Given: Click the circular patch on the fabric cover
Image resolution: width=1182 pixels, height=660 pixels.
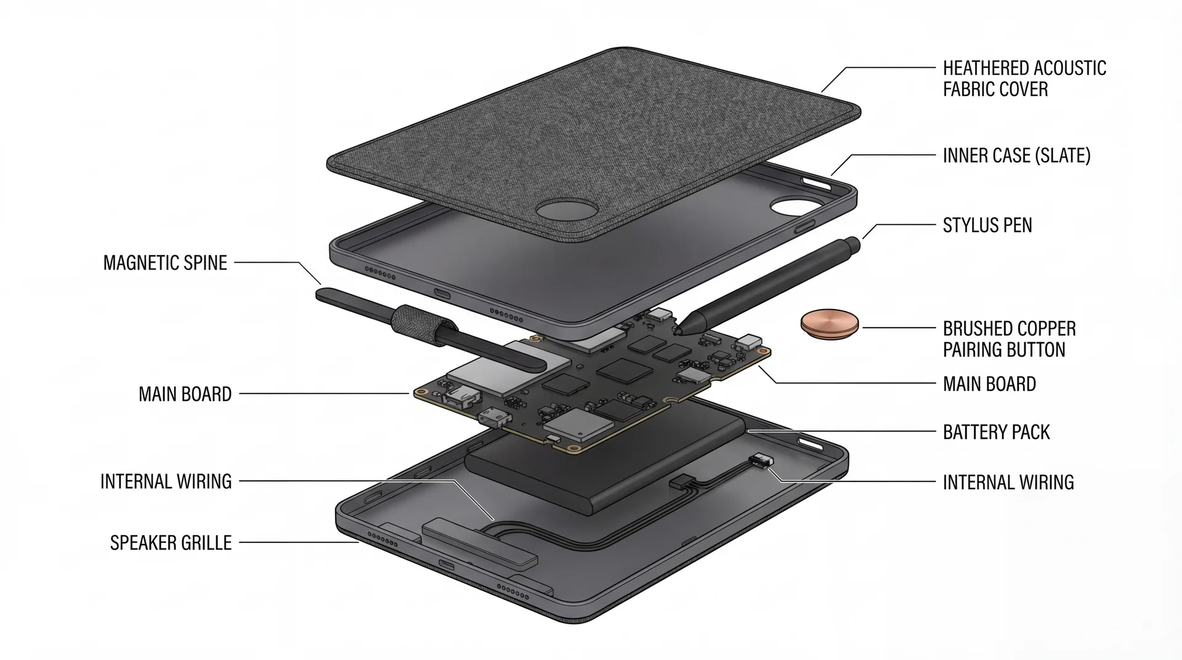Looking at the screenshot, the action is click(x=566, y=209).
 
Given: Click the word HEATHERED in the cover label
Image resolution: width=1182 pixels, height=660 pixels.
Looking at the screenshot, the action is click(x=983, y=68).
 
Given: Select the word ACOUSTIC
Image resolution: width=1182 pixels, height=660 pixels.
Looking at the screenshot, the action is click(x=1067, y=68).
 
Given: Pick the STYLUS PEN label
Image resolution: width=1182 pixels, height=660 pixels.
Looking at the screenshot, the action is click(x=987, y=225).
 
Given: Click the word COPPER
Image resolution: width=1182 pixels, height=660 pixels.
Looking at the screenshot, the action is click(x=1044, y=329).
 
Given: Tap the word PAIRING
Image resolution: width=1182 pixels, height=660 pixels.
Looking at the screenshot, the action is click(x=975, y=350).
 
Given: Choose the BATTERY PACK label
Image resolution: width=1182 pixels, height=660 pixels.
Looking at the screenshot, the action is click(x=996, y=432).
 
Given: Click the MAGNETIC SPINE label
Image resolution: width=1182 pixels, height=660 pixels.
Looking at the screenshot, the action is click(x=166, y=263).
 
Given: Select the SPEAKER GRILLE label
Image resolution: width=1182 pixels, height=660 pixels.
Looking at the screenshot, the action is click(x=171, y=543).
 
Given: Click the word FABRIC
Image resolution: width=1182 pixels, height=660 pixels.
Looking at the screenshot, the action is click(x=967, y=90).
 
